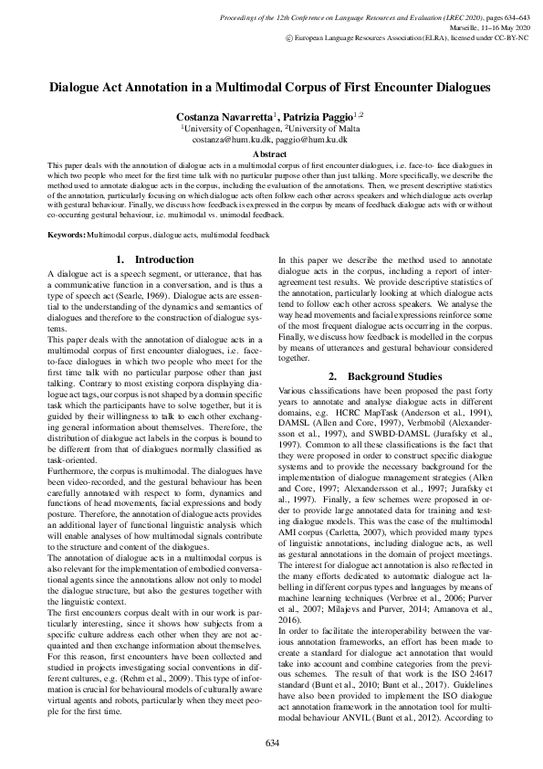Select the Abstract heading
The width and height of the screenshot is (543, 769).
(271, 155)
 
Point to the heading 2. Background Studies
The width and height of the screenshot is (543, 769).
(386, 376)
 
